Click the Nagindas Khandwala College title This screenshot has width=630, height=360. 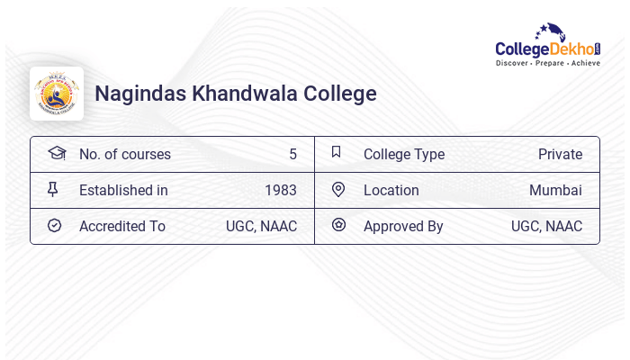coord(235,94)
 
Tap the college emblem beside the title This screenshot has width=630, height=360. coord(57,94)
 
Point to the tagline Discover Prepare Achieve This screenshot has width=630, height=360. coord(547,64)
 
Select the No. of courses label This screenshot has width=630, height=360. coord(124,154)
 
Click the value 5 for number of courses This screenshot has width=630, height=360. coord(292,154)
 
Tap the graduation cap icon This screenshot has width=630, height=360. coord(56,153)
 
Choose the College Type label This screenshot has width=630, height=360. coord(403,154)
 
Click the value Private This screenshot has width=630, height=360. coord(560,154)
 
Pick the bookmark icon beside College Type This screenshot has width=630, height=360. coord(336,152)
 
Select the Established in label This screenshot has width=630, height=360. coord(123,190)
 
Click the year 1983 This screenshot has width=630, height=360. coord(281,190)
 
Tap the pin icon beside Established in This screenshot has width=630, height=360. coord(53,189)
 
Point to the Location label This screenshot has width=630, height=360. coord(391,190)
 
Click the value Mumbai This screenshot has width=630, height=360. coord(555,190)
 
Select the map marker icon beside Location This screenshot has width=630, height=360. coord(338,189)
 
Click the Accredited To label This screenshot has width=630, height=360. coord(122,226)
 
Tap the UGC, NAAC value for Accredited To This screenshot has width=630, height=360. coord(261,226)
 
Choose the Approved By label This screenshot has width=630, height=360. coord(403,226)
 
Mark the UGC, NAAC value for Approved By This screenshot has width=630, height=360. coord(546,226)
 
